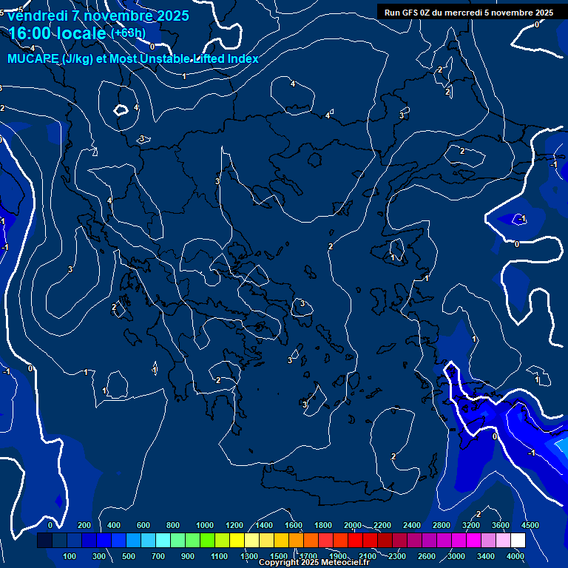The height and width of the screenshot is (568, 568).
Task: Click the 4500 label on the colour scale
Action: click(x=530, y=525)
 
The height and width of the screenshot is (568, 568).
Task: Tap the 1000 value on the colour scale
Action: click(x=205, y=525)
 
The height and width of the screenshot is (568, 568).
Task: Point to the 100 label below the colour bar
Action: click(x=70, y=556)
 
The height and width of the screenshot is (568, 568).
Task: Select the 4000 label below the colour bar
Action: click(x=515, y=556)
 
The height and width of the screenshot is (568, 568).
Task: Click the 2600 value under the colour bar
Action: click(x=427, y=556)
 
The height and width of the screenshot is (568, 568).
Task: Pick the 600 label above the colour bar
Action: click(x=143, y=525)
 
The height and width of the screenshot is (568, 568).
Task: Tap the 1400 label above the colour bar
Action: click(x=264, y=525)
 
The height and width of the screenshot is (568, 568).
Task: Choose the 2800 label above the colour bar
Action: click(x=442, y=525)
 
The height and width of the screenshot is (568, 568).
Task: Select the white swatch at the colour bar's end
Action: click(x=518, y=541)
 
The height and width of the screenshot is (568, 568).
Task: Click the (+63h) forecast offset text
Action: click(x=128, y=34)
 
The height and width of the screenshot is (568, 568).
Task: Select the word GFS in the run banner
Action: click(x=408, y=13)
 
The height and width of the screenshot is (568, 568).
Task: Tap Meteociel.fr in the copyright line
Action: click(x=345, y=563)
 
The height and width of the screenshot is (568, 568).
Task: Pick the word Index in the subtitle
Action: click(x=243, y=59)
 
